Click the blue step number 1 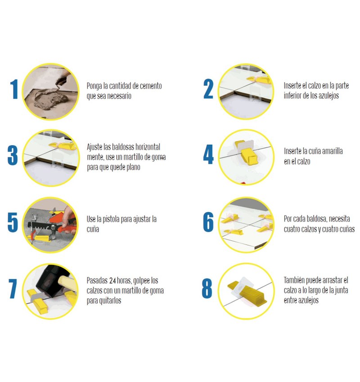click(x=14, y=89)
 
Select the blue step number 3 click(x=13, y=155)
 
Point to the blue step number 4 click(x=208, y=154)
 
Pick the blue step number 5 click(x=13, y=222)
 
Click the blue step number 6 click(x=208, y=222)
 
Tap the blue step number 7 click(x=13, y=289)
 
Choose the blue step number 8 click(x=207, y=288)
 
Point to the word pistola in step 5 click(x=111, y=219)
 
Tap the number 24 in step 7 click(x=112, y=280)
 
